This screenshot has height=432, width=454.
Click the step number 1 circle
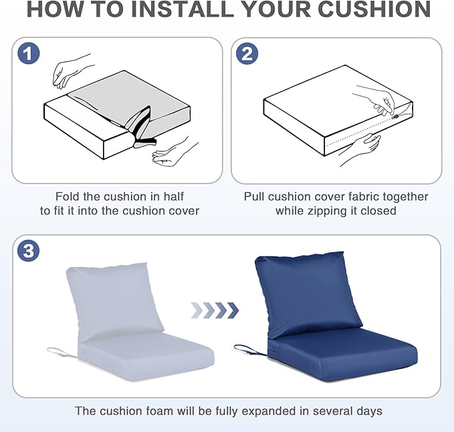click(28, 53)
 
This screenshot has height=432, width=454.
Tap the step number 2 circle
click(247, 53)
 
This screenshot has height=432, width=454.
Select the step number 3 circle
click(28, 250)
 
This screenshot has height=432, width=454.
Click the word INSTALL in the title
click(183, 9)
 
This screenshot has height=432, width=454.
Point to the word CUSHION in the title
click(374, 9)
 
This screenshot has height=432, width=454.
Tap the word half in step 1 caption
click(174, 196)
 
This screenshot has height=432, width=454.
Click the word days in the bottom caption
click(370, 411)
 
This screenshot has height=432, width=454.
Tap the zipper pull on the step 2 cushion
click(395, 117)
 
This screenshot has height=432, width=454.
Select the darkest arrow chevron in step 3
click(233, 310)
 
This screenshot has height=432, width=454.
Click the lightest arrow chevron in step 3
click(197, 310)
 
